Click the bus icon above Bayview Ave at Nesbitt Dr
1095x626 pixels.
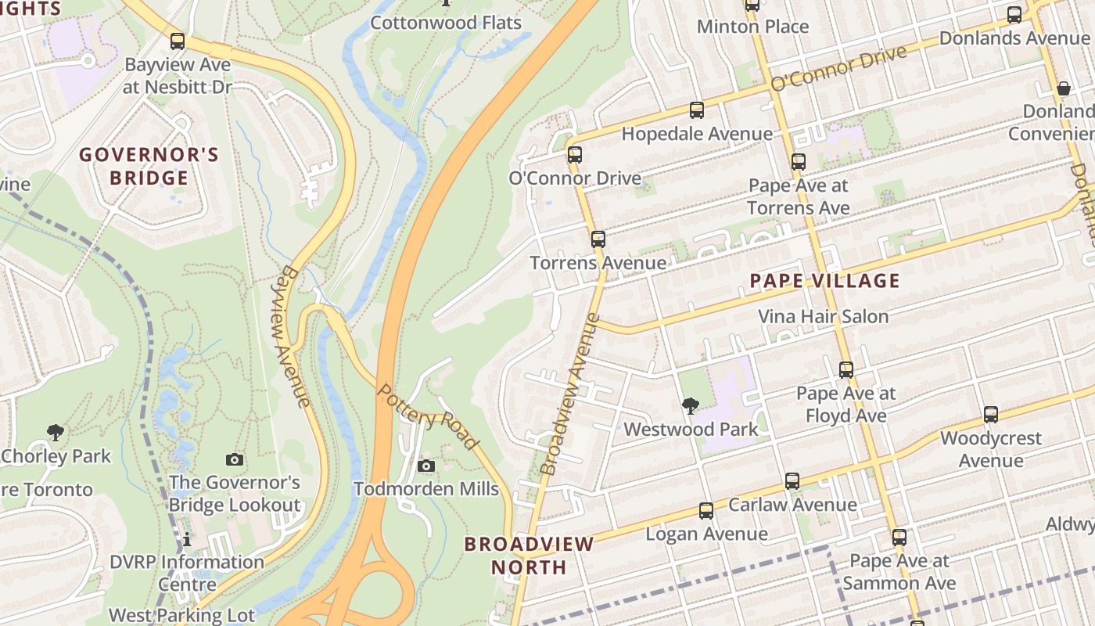click(x=178, y=41)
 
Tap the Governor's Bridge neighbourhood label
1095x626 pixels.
click(x=149, y=166)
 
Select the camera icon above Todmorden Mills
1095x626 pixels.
click(x=426, y=466)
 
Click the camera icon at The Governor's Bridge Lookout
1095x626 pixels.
click(x=234, y=459)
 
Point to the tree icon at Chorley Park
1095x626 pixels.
click(x=55, y=432)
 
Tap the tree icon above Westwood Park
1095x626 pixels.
click(x=690, y=405)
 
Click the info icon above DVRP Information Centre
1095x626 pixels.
click(x=187, y=540)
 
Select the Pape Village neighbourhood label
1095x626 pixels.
click(x=824, y=281)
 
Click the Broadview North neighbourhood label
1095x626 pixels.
click(x=529, y=555)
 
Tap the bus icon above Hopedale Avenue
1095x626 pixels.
click(x=697, y=110)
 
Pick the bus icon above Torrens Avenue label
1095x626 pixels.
click(x=598, y=239)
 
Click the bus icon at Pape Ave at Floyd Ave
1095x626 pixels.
click(x=846, y=369)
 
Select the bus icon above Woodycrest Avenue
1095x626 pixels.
click(x=991, y=415)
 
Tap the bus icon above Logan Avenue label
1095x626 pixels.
click(x=706, y=511)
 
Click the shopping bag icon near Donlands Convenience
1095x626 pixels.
click(x=1064, y=88)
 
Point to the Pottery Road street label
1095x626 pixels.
click(x=428, y=417)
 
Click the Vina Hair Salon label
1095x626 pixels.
click(x=823, y=317)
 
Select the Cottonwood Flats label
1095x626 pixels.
click(x=445, y=23)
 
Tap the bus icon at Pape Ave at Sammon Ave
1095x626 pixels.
click(x=899, y=538)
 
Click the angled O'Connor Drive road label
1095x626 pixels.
click(x=838, y=68)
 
